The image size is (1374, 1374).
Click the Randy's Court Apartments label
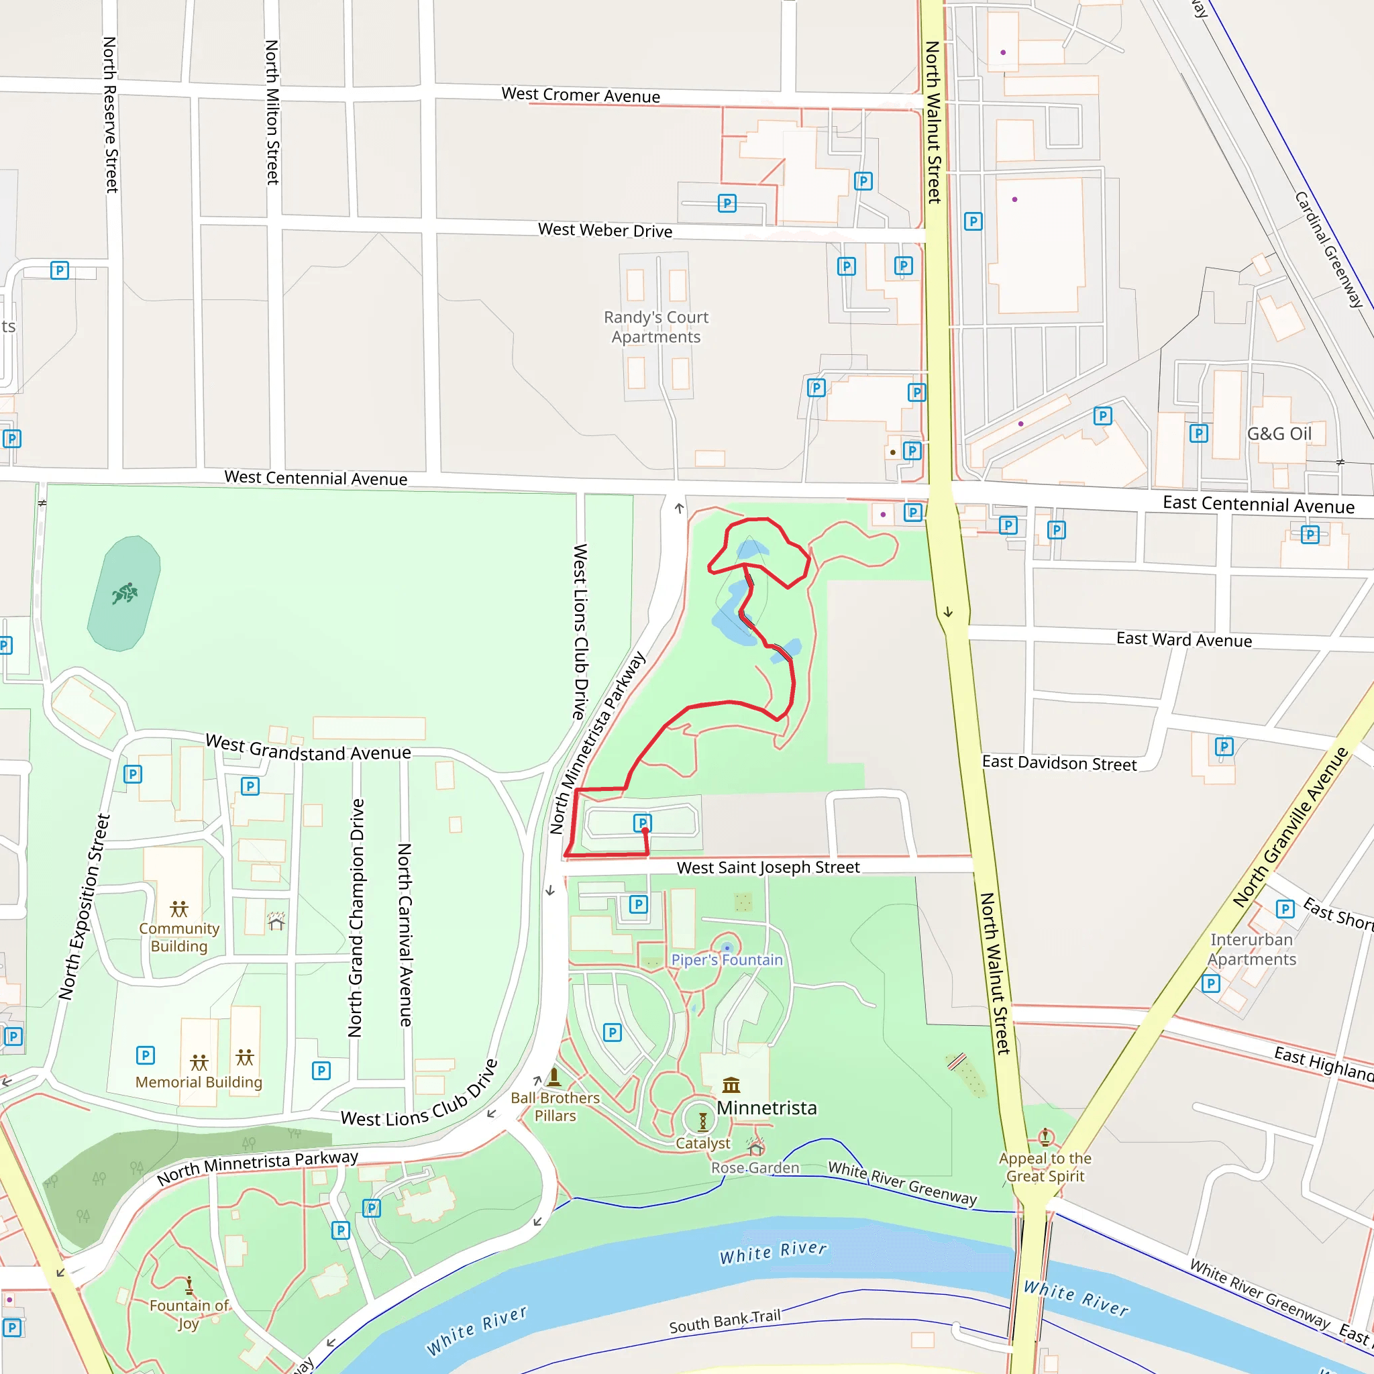click(x=655, y=327)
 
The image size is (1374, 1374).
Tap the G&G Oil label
click(x=1279, y=434)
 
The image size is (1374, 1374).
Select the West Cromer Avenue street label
click(x=580, y=95)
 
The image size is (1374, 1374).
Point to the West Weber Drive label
click(x=604, y=230)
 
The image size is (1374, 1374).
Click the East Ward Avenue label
click(x=1183, y=639)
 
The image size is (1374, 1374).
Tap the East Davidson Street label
click(x=1059, y=763)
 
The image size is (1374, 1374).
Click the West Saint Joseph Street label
click(x=768, y=867)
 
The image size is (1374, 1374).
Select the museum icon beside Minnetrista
click(x=731, y=1086)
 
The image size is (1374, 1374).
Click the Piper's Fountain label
click(x=726, y=960)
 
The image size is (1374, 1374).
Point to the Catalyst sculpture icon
click(x=702, y=1122)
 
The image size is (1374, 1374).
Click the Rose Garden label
click(x=755, y=1168)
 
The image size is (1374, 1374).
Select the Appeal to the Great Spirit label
click(x=1045, y=1167)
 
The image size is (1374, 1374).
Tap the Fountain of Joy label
click(x=189, y=1314)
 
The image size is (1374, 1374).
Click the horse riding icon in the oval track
click(x=125, y=593)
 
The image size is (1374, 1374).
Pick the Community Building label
click(x=179, y=937)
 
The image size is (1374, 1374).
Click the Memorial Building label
click(x=199, y=1082)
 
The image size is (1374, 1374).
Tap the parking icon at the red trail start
click(x=642, y=823)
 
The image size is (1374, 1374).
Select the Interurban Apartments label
click(x=1252, y=949)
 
